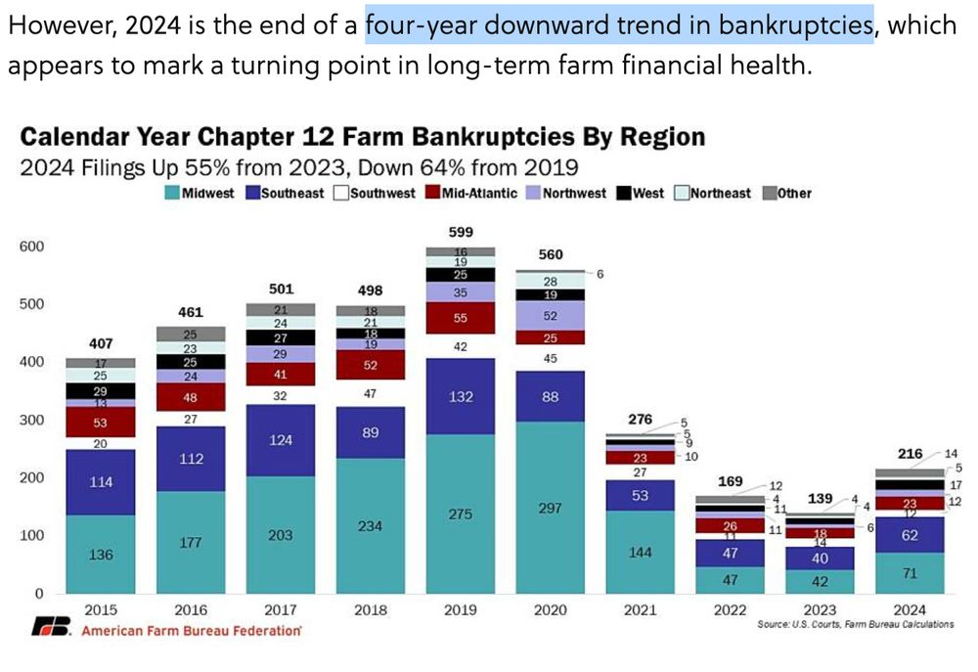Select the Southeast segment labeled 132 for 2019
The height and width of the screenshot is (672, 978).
tap(461, 396)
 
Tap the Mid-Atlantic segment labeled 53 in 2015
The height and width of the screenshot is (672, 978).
tap(101, 422)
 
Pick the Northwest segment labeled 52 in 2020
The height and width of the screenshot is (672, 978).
tap(551, 315)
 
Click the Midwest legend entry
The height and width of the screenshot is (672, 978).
tap(200, 193)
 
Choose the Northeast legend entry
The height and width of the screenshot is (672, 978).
tap(713, 193)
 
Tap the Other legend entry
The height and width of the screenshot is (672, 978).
tap(787, 193)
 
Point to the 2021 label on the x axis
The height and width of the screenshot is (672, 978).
tap(641, 609)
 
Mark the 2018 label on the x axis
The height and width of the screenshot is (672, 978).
tap(371, 609)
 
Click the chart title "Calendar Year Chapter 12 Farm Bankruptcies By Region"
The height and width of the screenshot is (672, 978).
tap(363, 136)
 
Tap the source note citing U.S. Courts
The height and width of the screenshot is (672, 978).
tap(855, 624)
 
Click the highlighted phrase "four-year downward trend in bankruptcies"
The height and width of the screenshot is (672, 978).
tap(619, 24)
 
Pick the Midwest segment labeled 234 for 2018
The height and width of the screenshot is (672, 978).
tap(371, 525)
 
